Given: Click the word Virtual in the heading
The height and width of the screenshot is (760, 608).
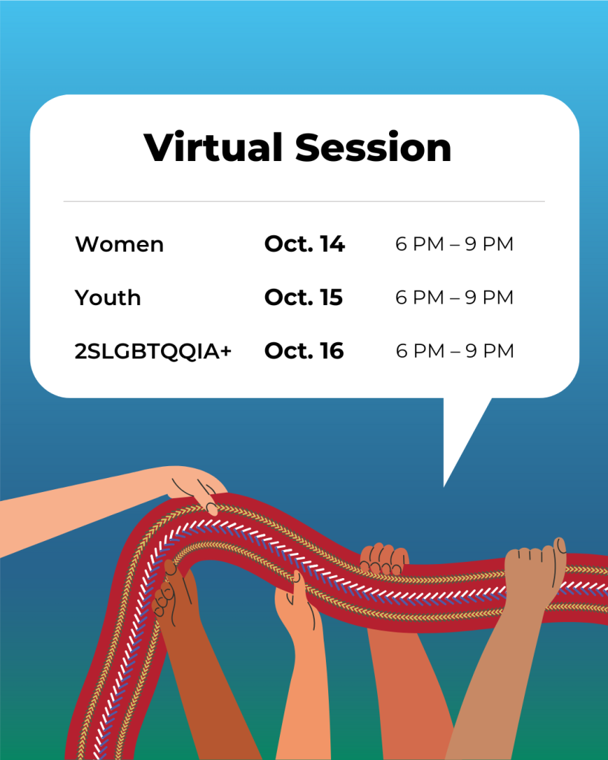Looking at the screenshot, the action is [x=213, y=146].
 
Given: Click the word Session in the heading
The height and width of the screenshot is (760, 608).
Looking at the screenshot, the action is [x=373, y=146].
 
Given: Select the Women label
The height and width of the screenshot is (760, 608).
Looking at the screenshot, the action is [x=120, y=243].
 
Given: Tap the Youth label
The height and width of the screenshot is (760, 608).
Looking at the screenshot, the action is [x=108, y=297].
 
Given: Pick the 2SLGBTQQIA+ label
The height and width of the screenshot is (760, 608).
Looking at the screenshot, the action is [x=153, y=351].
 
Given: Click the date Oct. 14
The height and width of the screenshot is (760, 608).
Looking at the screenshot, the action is [x=304, y=243].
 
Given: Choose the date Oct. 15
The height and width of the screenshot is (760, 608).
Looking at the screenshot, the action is [x=304, y=297].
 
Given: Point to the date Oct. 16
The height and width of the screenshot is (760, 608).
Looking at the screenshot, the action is [x=304, y=351].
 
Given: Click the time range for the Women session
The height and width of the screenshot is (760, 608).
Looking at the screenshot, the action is [x=454, y=243].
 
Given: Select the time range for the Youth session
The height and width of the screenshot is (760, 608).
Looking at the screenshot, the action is [x=454, y=297].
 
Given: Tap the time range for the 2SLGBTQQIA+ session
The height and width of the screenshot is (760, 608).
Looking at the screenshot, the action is [x=455, y=351].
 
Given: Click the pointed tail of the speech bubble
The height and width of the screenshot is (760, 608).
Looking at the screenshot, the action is [x=445, y=485].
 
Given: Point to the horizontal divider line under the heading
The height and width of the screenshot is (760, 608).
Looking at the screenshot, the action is [x=304, y=201].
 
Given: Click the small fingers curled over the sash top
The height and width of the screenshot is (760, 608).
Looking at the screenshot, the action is [x=385, y=559].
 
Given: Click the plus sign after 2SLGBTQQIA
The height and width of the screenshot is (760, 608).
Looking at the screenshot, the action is [x=225, y=351].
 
